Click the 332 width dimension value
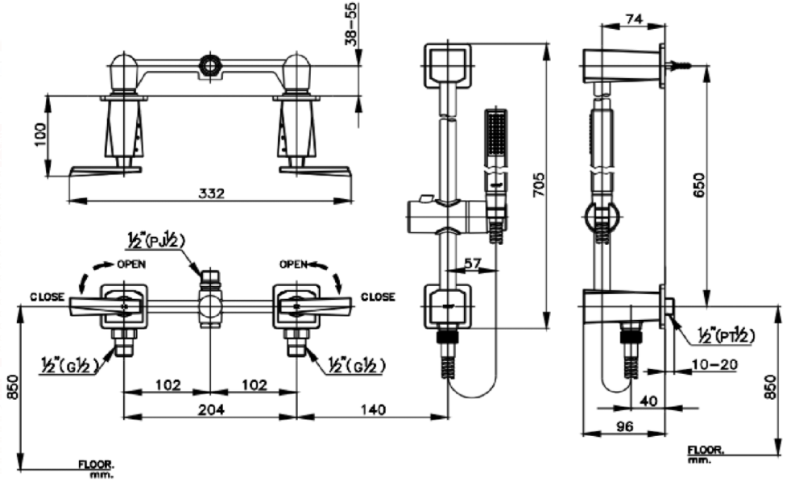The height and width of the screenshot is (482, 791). (211, 193)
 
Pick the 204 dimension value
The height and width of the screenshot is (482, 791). (210, 409)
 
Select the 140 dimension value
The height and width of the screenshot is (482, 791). (371, 409)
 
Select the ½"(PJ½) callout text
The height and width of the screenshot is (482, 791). (156, 239)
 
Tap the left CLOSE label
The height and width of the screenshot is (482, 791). (48, 297)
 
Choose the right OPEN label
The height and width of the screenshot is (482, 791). (295, 264)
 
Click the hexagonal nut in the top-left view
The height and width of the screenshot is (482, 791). (210, 64)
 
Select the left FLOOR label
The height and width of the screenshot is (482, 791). (96, 465)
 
